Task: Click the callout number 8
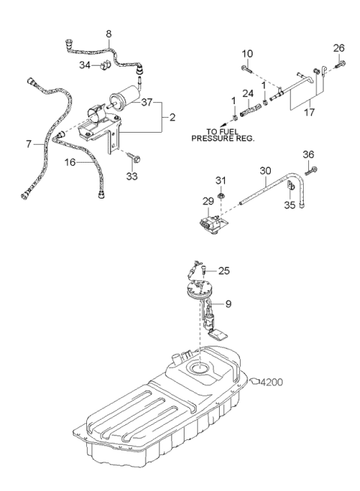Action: click(109, 34)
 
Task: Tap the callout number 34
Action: click(85, 65)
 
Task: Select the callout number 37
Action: click(147, 102)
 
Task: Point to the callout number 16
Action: click(70, 162)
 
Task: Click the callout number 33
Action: click(132, 176)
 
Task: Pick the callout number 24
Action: click(247, 93)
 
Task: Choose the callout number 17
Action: click(309, 112)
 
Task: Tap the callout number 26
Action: click(339, 48)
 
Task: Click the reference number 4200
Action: click(271, 382)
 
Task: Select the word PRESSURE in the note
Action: click(211, 138)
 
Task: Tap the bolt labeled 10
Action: click(247, 69)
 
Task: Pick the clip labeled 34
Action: click(103, 64)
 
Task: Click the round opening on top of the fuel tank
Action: click(199, 367)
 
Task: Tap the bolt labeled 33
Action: click(133, 157)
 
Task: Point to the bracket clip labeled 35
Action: click(291, 187)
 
